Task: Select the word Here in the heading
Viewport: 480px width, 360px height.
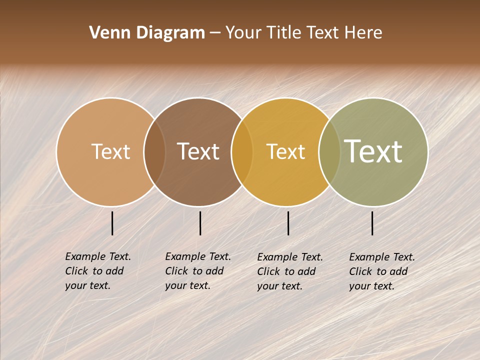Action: pos(363,33)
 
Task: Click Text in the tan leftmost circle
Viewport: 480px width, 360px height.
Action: pos(110,151)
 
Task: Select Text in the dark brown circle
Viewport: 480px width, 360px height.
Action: pos(198,151)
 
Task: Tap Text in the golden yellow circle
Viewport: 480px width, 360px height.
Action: pos(285,151)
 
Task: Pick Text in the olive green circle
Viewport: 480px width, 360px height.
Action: pos(373,151)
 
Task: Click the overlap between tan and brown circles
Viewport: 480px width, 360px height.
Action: pos(154,151)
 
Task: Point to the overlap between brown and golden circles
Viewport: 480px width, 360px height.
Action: pos(242,151)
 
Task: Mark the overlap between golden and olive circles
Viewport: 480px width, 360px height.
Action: pos(329,151)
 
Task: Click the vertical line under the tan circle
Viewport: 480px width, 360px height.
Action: pos(112,223)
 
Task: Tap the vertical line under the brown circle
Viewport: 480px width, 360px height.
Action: pos(200,223)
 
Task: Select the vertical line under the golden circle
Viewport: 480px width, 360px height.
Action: pos(288,223)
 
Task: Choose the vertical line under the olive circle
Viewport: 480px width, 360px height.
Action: pos(372,223)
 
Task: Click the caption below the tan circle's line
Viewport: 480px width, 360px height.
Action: pos(98,271)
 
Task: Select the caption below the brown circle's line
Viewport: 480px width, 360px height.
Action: pos(198,271)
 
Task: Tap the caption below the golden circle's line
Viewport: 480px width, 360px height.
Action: pos(290,271)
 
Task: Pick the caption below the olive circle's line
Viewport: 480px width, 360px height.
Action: pos(382,271)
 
